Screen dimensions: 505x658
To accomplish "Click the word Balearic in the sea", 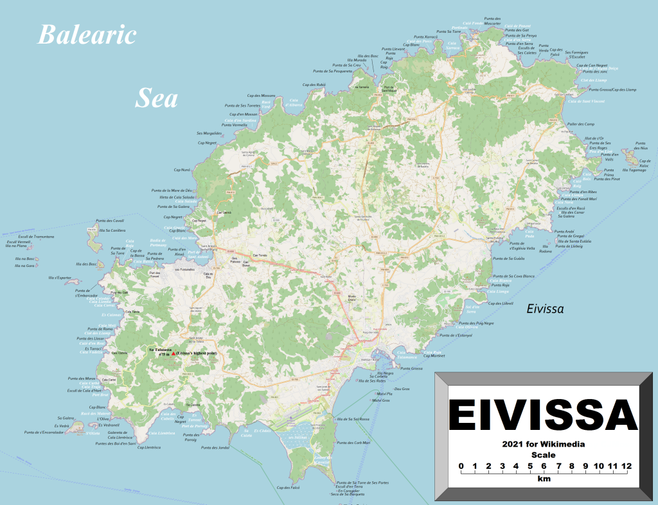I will [87, 35].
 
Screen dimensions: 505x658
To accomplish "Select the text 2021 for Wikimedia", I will [543, 444].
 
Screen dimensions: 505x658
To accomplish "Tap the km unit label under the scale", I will [544, 479].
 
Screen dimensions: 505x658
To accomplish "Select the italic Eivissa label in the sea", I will [545, 309].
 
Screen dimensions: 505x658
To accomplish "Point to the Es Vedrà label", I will [61, 425].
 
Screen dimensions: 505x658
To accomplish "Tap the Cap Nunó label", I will [182, 170].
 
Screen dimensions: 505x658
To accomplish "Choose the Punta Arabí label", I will [564, 231].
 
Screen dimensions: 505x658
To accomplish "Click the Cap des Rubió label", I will [314, 84].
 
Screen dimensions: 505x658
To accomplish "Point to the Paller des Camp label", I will [581, 123].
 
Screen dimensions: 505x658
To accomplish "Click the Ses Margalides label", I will [209, 133].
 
